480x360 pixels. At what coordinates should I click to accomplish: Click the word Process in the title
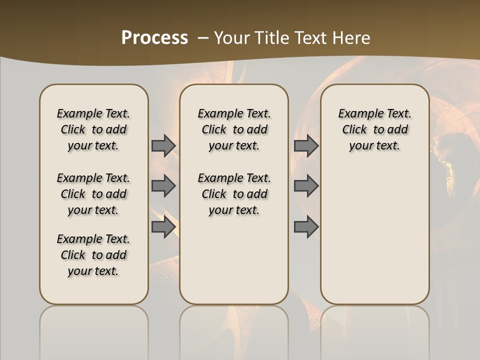(154, 38)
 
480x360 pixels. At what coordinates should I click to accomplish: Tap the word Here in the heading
(352, 38)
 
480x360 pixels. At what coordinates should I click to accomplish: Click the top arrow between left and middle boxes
(163, 145)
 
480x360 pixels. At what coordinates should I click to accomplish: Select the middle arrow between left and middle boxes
(163, 186)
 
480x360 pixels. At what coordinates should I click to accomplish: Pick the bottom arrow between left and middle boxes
(163, 227)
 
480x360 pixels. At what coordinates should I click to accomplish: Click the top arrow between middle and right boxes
(306, 145)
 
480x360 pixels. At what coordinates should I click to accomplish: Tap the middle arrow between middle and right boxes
(306, 186)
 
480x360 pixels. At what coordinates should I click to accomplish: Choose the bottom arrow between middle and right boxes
(306, 227)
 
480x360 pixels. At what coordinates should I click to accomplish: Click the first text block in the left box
(93, 129)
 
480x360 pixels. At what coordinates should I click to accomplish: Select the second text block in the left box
(93, 194)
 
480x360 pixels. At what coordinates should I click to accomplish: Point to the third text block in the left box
(93, 255)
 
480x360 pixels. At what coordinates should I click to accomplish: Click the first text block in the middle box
(234, 129)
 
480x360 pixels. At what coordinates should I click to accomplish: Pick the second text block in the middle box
(234, 194)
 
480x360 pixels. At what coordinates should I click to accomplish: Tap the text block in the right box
(374, 129)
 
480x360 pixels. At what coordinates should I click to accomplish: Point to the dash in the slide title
(203, 38)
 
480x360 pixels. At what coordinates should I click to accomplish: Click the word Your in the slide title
(231, 38)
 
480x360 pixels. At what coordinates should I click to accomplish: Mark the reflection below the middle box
(234, 330)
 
